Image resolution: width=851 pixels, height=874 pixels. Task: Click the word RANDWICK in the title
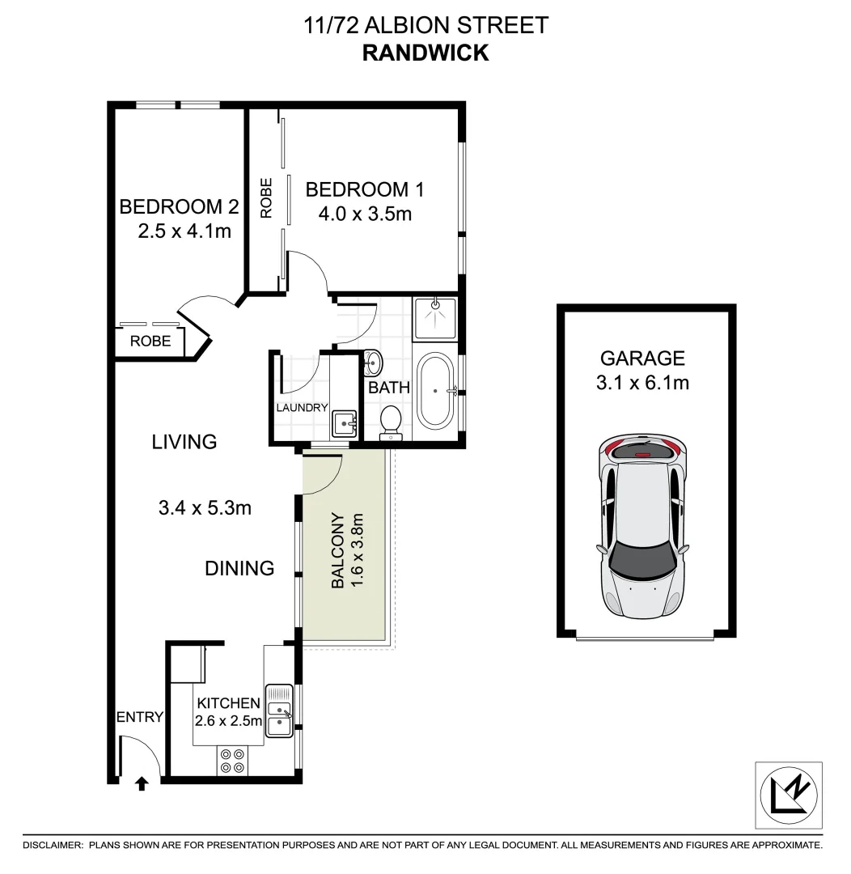click(425, 53)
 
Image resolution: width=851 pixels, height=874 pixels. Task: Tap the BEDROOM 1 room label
click(365, 189)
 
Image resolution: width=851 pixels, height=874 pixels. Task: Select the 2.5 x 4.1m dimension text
click(184, 231)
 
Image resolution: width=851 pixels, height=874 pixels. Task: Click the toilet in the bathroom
click(391, 420)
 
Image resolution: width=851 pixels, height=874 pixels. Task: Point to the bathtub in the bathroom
click(436, 391)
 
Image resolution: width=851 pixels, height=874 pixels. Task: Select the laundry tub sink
click(344, 421)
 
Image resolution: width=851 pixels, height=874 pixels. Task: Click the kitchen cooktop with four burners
click(232, 761)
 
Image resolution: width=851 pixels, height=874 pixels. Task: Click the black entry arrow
click(142, 783)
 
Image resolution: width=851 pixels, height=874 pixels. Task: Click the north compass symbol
click(790, 795)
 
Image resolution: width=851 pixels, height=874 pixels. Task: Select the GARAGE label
click(642, 358)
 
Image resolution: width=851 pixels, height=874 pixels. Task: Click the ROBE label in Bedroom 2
click(151, 341)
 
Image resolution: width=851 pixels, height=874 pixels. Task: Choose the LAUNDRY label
click(302, 408)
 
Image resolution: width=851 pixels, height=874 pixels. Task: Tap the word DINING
click(239, 568)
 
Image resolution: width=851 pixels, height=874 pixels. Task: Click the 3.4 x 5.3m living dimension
click(205, 508)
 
